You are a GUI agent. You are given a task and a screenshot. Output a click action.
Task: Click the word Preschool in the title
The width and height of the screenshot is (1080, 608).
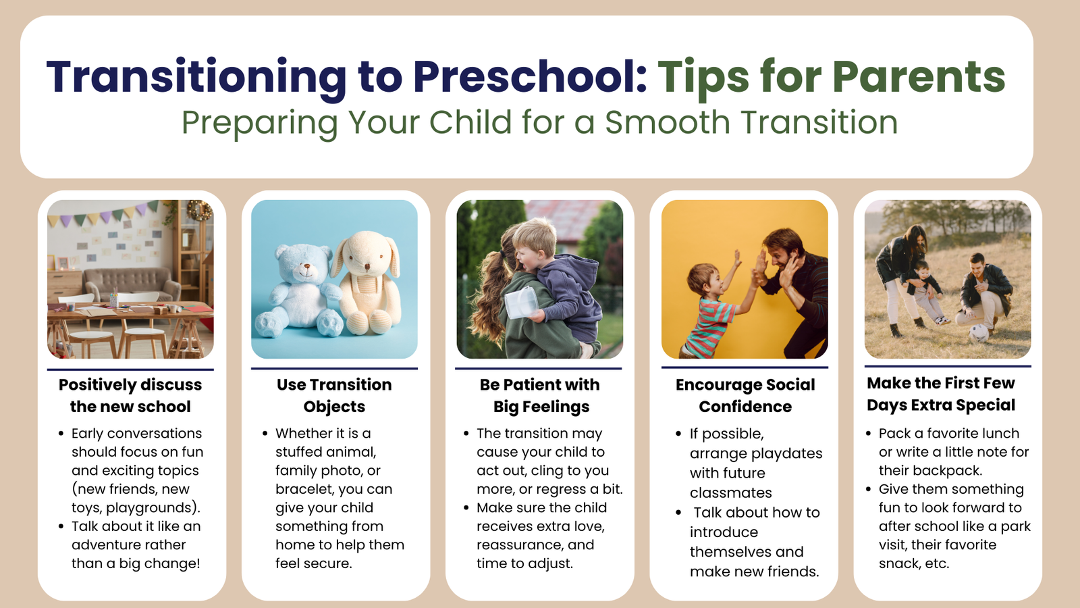(529, 76)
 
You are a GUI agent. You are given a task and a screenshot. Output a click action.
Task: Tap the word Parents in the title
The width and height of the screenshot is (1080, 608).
(919, 76)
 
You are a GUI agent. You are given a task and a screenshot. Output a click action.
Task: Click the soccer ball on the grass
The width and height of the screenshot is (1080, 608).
(979, 333)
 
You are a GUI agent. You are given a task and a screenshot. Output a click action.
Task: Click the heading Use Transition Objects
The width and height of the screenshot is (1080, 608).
(334, 395)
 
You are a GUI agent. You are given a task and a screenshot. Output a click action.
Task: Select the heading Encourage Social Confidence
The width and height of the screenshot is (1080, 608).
(745, 395)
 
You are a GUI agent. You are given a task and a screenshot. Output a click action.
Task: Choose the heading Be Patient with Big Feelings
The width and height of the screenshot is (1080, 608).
(540, 395)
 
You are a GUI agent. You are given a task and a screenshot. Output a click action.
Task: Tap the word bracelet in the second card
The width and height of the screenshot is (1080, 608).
(305, 489)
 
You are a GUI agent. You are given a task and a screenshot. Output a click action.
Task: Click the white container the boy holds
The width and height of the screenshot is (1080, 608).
(520, 303)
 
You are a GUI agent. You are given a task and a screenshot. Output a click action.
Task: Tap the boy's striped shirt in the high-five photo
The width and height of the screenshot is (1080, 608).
(709, 325)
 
